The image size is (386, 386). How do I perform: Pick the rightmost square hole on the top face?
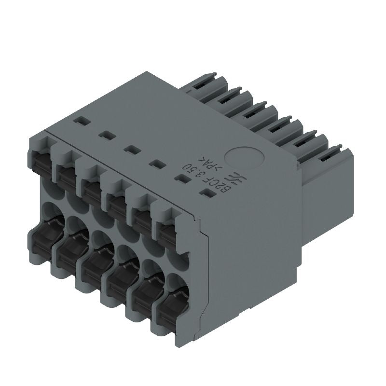coord(208,194)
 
